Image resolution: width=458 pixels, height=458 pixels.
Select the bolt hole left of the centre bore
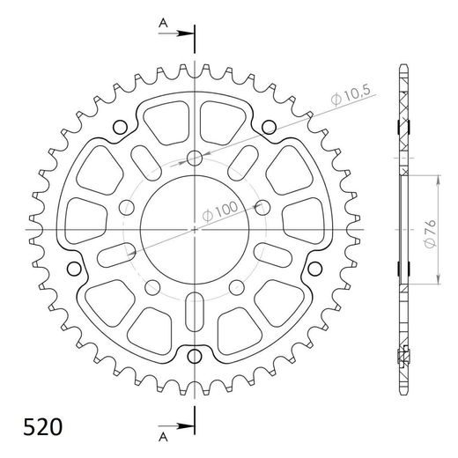[x=128, y=208]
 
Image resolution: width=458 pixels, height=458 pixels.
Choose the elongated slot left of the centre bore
[x=114, y=255]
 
